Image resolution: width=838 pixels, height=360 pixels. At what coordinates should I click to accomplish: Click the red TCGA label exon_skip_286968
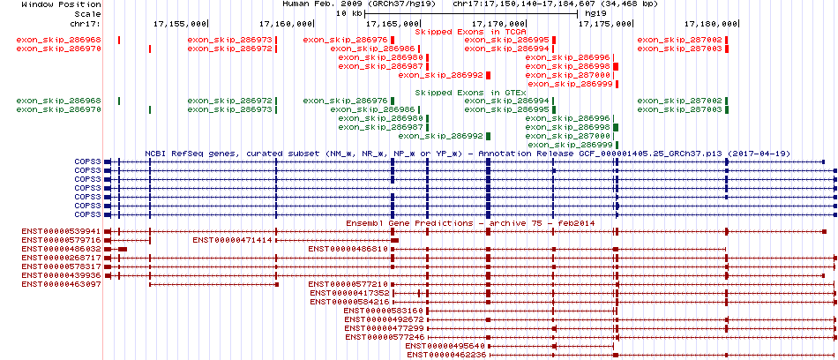59,40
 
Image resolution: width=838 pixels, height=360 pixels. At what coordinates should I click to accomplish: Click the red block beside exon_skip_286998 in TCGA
617,67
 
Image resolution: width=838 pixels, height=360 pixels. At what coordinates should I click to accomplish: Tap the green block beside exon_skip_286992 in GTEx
488,137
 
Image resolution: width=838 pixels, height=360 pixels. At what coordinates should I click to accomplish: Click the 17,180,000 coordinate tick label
711,23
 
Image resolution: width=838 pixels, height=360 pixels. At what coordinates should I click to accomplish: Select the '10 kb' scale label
349,13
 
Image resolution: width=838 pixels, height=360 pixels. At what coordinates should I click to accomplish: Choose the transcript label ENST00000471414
233,240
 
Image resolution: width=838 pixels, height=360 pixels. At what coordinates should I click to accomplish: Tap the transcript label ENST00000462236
446,355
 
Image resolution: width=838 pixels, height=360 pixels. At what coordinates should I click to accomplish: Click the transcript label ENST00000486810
348,249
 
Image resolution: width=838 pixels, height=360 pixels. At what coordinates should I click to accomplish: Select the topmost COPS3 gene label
87,161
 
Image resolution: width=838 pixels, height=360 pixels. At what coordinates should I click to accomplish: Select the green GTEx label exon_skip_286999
570,145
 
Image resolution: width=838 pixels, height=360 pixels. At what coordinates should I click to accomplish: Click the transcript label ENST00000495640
445,346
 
